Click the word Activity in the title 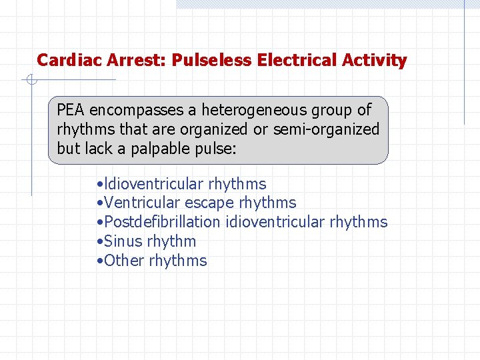click(374, 61)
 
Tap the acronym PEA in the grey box click(71, 110)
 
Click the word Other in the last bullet click(124, 261)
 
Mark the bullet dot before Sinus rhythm click(99, 242)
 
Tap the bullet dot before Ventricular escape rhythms click(99, 203)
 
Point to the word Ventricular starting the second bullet click(142, 203)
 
